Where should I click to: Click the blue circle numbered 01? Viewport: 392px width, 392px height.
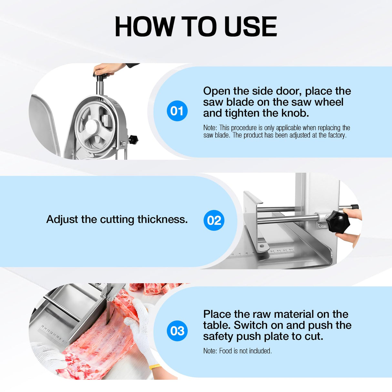[177, 111]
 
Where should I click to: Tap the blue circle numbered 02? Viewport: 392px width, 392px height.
[214, 220]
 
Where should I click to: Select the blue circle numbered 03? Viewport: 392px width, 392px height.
[177, 331]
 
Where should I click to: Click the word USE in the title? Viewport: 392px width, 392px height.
[251, 26]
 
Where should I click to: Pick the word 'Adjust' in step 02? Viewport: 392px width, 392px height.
[62, 220]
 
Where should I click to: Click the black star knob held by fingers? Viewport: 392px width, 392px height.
[338, 222]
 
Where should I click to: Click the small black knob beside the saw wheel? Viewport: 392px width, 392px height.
[133, 139]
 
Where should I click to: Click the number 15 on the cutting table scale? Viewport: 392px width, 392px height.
[42, 326]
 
